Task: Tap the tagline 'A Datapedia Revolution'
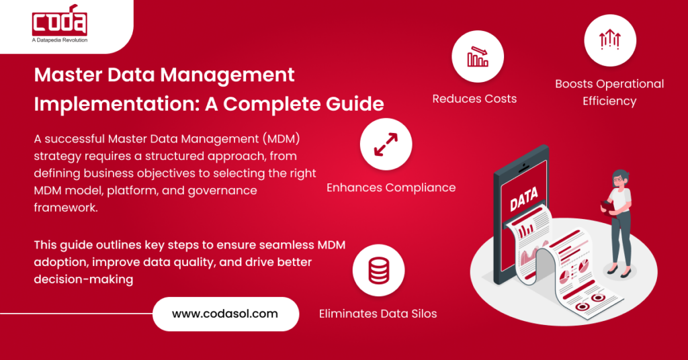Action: (60, 40)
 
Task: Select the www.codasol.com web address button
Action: (225, 314)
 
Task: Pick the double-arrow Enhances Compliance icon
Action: (386, 144)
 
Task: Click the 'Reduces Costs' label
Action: (474, 99)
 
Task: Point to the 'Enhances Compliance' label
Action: (391, 187)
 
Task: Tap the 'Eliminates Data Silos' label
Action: (378, 314)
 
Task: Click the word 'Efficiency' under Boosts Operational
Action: (609, 101)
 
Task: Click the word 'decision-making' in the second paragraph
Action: (83, 279)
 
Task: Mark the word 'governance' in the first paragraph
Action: (218, 191)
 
